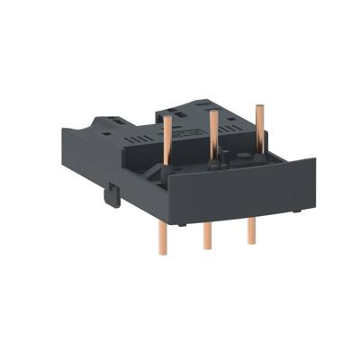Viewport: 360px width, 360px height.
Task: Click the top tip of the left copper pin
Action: [167, 118]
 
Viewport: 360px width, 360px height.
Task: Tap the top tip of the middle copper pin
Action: [212, 113]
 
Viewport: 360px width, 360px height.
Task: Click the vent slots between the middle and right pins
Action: [236, 139]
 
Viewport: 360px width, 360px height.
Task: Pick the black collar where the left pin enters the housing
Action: [167, 176]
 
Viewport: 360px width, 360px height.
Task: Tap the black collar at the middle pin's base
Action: [213, 165]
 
